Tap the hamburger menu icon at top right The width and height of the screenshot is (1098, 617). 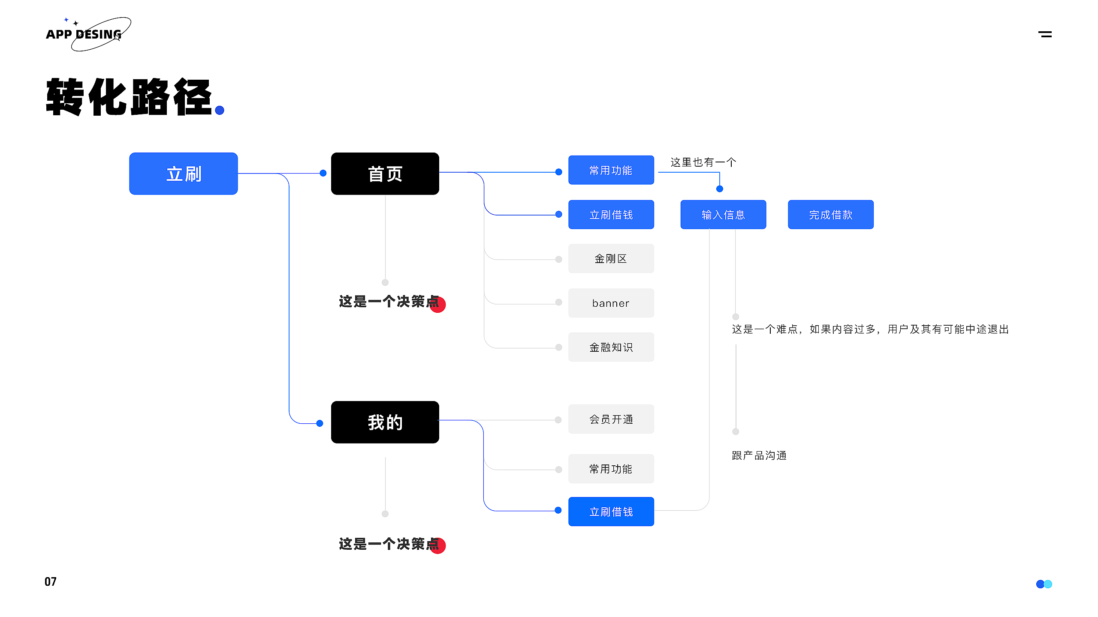point(1045,34)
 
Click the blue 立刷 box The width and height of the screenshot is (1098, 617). point(184,174)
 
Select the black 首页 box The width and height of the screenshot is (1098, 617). point(385,174)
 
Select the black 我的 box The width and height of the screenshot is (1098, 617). point(385,422)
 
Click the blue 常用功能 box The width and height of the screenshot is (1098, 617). point(611,170)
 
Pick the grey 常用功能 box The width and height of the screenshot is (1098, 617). point(611,469)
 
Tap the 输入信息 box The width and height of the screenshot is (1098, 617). point(723,215)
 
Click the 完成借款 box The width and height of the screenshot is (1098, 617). point(830,215)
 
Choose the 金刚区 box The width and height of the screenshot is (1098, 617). point(611,258)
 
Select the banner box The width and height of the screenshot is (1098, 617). point(611,303)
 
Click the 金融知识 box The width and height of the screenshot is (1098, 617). point(611,347)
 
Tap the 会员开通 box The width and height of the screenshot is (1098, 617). point(611,419)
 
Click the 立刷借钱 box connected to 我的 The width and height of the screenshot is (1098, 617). point(611,512)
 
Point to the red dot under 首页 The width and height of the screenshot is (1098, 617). point(438,305)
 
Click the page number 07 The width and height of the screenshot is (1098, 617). point(51,581)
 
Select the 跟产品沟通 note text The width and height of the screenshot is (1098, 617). point(759,455)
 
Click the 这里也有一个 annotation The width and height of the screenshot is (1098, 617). point(703,162)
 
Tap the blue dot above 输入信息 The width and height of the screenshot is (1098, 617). point(720,189)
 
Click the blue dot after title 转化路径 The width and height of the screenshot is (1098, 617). point(220,111)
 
